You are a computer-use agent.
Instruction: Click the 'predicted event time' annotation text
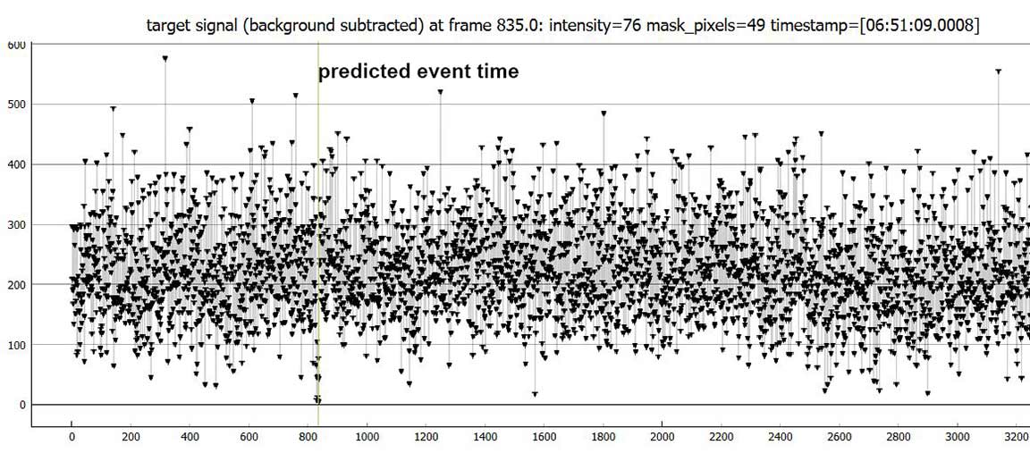pyautogui.click(x=418, y=71)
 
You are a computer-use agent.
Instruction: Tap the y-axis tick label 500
pyautogui.click(x=17, y=105)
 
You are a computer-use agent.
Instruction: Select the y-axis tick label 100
pyautogui.click(x=17, y=345)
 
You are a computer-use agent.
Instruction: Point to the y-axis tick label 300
pyautogui.click(x=17, y=224)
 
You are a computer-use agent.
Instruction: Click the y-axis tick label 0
pyautogui.click(x=22, y=405)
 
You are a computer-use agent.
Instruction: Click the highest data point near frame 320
pyautogui.click(x=165, y=58)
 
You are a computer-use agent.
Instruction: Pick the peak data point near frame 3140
pyautogui.click(x=998, y=71)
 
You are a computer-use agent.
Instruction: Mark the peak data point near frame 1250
pyautogui.click(x=440, y=92)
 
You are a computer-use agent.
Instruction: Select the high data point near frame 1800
pyautogui.click(x=604, y=113)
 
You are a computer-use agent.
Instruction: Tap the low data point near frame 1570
pyautogui.click(x=535, y=394)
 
